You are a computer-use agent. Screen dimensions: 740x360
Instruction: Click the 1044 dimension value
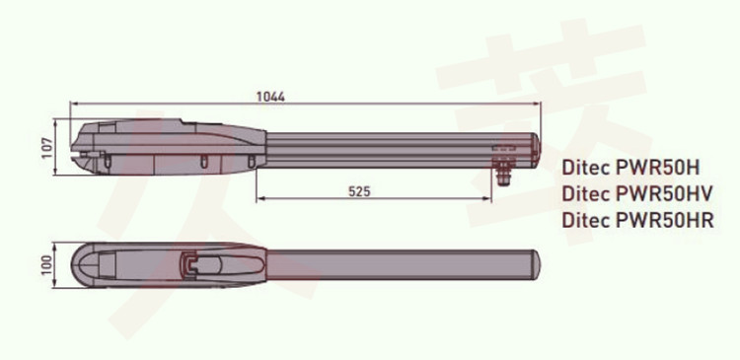point(270,97)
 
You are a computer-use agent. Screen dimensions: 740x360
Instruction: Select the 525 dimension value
point(359,191)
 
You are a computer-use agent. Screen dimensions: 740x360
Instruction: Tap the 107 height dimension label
point(47,148)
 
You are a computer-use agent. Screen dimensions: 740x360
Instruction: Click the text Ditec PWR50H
point(631,168)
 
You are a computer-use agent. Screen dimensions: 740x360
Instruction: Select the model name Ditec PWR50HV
point(636,194)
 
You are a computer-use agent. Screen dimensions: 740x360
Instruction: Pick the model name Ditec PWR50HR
point(637,220)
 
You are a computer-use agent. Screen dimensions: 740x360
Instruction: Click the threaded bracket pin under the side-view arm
point(504,174)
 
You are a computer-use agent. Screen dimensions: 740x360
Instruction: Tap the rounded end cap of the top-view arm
point(536,264)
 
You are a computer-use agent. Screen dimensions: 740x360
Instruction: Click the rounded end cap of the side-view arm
point(535,150)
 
